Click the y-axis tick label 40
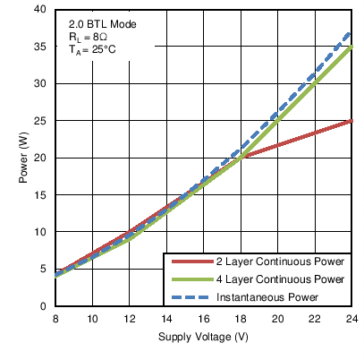tap(41, 10)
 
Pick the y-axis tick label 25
tap(41, 121)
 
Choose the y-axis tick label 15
tap(41, 195)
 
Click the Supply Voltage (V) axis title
tap(203, 338)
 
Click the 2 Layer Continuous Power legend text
tap(280, 263)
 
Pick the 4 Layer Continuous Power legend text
tap(280, 279)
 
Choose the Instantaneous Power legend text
tap(266, 294)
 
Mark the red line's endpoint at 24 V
tap(351, 121)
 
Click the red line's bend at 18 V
tap(241, 158)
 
